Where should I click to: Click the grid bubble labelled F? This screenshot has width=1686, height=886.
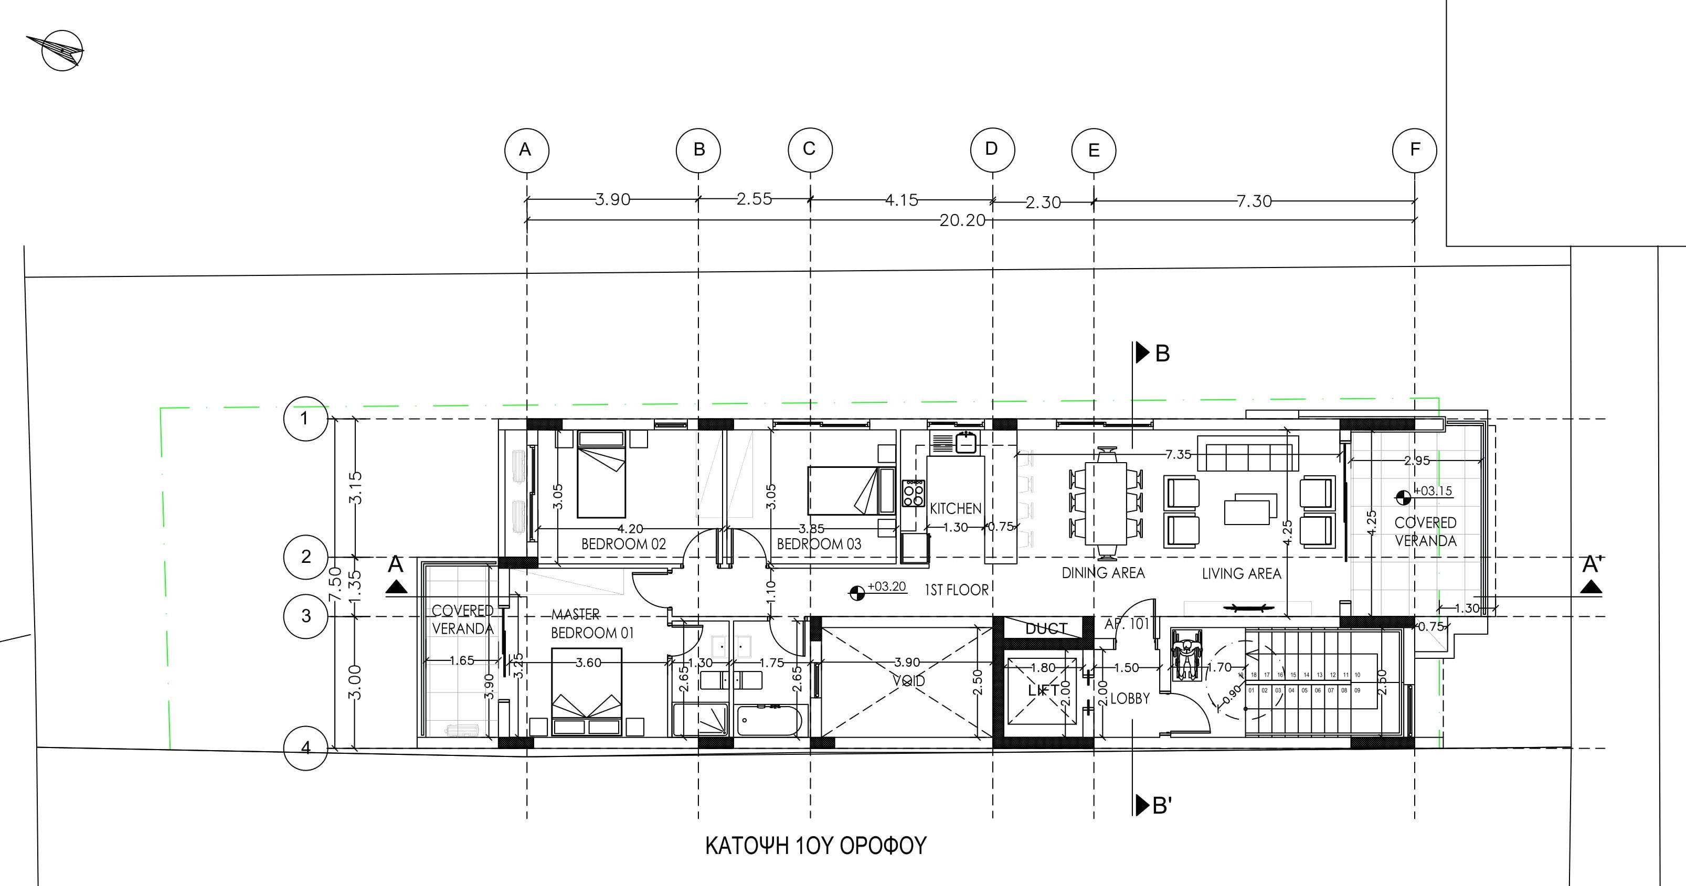click(x=1414, y=151)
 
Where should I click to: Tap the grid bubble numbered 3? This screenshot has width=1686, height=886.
click(x=305, y=616)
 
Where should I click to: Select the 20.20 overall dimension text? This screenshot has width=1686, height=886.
click(x=962, y=220)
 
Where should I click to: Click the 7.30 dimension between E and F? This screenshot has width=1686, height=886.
click(x=1254, y=201)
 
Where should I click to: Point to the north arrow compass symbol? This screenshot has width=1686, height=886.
click(x=60, y=50)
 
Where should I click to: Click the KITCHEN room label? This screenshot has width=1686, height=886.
click(x=956, y=508)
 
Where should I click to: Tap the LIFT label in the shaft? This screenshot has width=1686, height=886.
click(x=1043, y=690)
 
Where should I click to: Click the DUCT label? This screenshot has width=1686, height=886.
click(x=1046, y=629)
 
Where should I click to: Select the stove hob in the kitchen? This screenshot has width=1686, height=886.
click(x=914, y=493)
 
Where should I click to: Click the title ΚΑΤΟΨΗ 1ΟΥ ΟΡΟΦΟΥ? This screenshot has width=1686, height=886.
click(x=815, y=846)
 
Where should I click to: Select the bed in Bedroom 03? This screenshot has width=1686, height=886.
click(x=850, y=491)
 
